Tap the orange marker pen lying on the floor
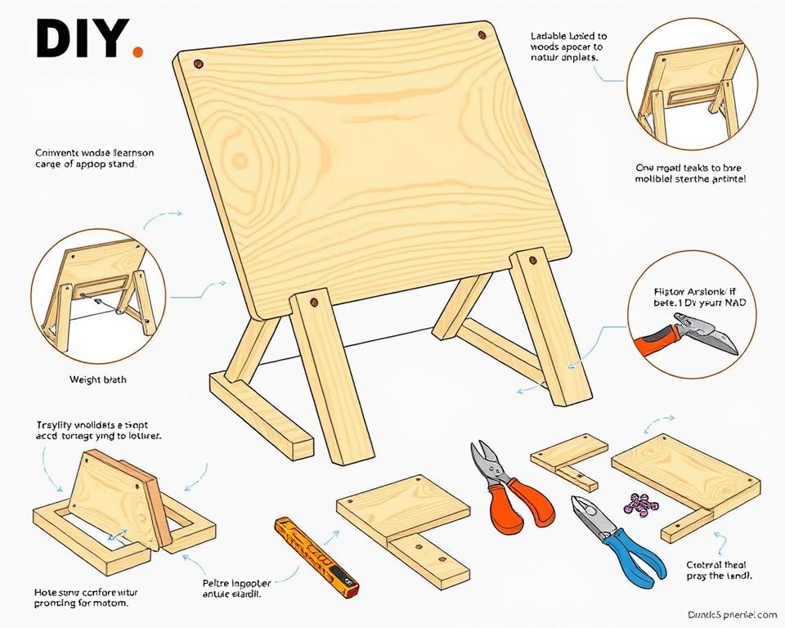click(x=317, y=553)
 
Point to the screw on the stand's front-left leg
click(x=314, y=303)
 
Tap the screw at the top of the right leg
click(x=532, y=262)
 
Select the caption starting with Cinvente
click(x=95, y=158)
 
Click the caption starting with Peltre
click(x=236, y=589)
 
